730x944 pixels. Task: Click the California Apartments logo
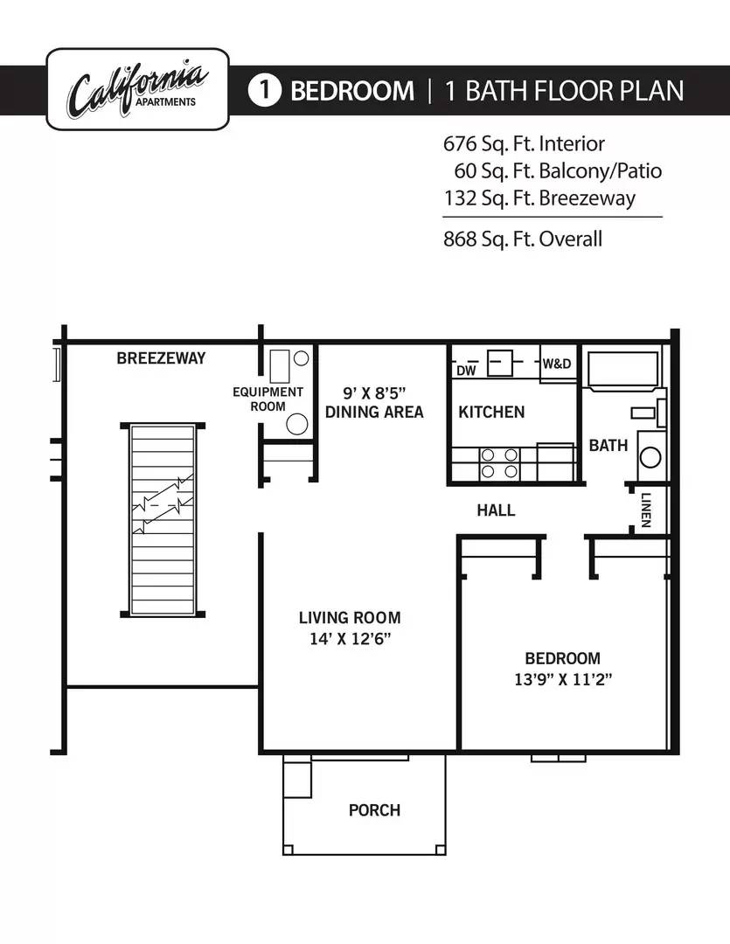point(137,89)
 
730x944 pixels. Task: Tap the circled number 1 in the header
point(264,90)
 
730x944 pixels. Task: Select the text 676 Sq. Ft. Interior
point(524,144)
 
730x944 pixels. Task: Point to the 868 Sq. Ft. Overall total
point(523,239)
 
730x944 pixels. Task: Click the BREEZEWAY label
point(161,358)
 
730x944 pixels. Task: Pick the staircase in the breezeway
point(163,519)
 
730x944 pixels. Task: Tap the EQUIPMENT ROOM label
point(268,399)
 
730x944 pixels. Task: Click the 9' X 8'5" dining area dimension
point(374,393)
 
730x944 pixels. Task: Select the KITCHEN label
point(491,412)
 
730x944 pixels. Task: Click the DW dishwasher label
point(466,371)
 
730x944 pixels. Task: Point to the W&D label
point(557,364)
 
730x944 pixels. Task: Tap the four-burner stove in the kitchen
point(499,463)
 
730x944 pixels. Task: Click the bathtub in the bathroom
point(622,370)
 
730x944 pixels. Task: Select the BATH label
point(608,446)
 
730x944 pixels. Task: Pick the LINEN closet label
point(646,510)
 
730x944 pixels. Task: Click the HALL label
point(496,510)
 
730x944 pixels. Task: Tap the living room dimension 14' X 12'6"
point(350,639)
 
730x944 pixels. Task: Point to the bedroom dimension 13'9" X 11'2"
point(562,679)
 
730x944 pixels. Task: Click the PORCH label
point(375,809)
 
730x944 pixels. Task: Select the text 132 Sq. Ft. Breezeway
point(539,198)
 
